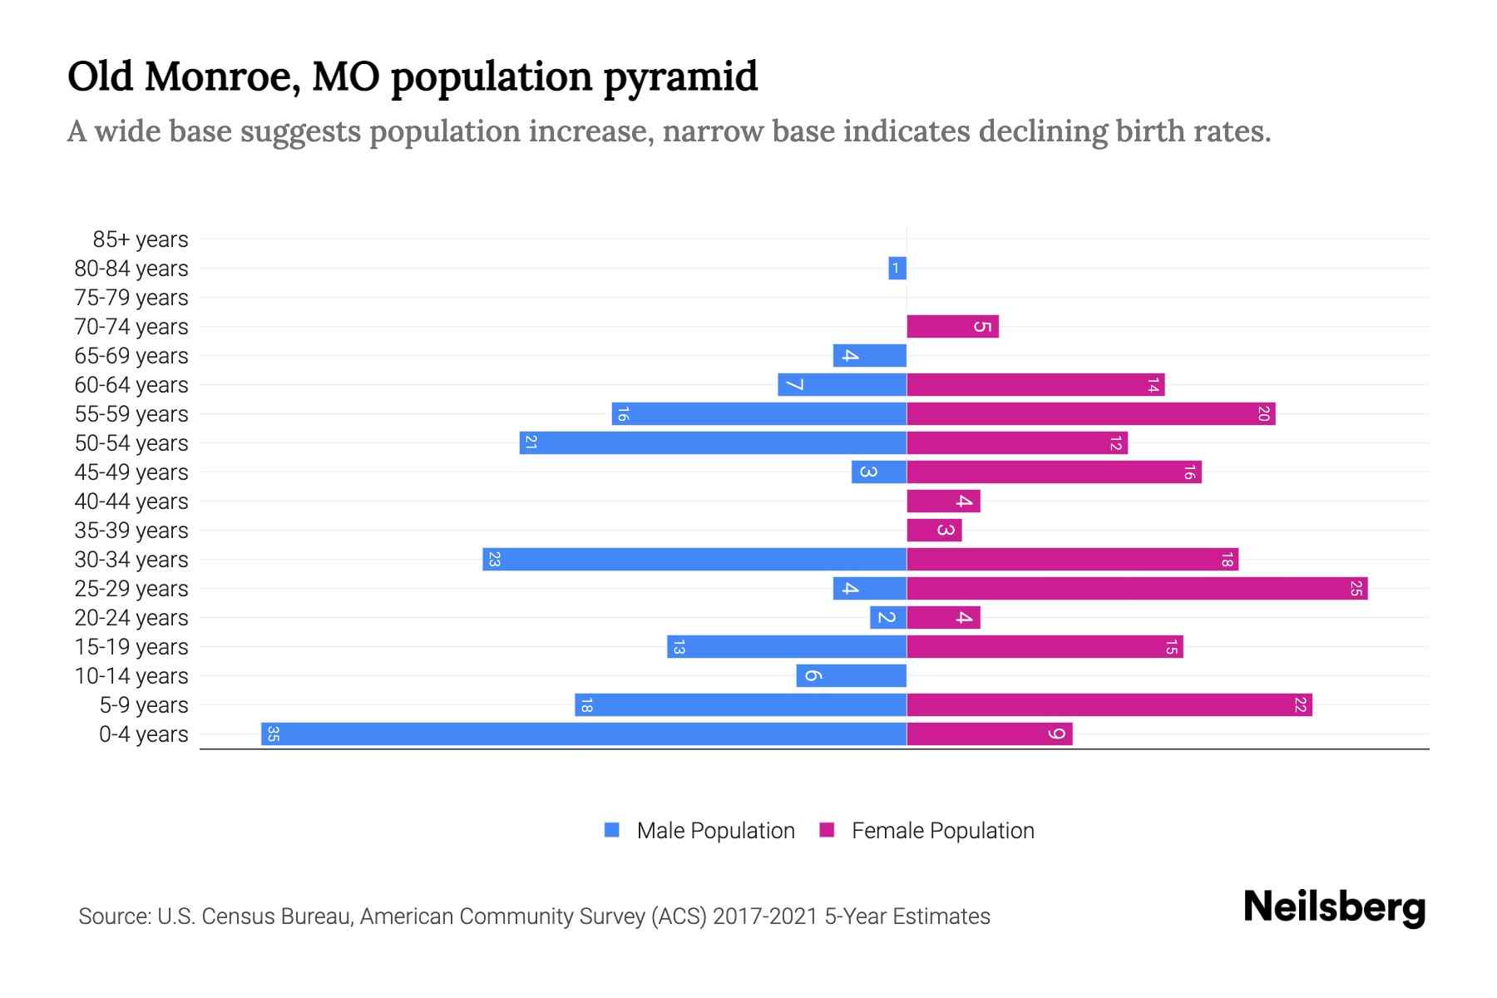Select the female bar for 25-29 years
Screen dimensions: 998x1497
click(1136, 588)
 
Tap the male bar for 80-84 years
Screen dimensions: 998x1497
click(897, 268)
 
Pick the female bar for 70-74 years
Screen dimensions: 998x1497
click(951, 326)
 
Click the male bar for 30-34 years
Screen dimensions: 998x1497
click(694, 559)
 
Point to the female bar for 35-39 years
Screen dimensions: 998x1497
click(933, 530)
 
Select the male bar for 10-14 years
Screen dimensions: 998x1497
click(851, 675)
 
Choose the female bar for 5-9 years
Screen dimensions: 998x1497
click(1109, 704)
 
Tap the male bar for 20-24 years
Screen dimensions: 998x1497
click(887, 617)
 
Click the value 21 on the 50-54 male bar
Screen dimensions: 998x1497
click(531, 442)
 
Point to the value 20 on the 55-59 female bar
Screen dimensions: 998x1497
click(1263, 413)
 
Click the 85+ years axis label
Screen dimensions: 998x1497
click(140, 240)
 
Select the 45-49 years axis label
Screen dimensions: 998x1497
click(131, 472)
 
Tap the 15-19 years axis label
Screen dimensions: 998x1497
click(131, 647)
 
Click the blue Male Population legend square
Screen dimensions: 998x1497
click(612, 830)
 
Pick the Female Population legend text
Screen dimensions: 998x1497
click(942, 830)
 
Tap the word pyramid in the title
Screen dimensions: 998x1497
click(680, 77)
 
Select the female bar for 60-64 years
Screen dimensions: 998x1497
click(1035, 384)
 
